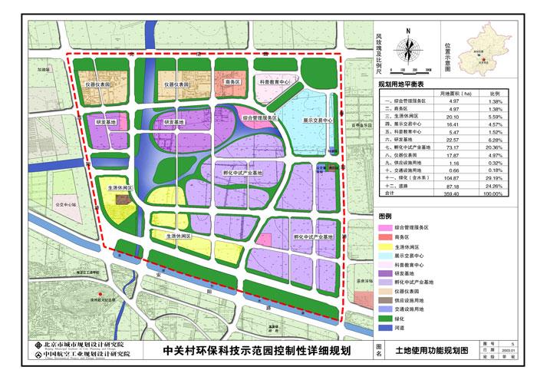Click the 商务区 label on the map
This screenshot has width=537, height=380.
(233, 81)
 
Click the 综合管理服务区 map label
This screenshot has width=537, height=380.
(254, 119)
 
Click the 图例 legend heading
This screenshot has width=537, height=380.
(386, 216)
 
